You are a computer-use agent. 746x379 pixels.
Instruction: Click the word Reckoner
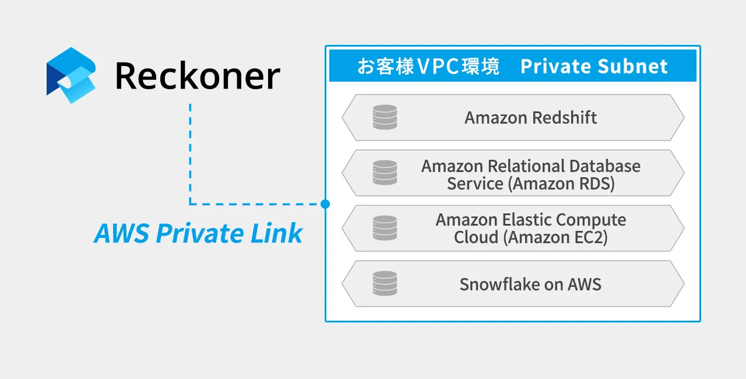[x=198, y=76]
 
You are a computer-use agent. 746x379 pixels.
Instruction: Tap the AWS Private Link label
[x=198, y=234]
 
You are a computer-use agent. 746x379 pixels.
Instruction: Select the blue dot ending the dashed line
[x=325, y=204]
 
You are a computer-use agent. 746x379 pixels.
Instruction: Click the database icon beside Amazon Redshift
[x=385, y=117]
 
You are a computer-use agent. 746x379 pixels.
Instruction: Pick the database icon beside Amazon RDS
[x=385, y=173]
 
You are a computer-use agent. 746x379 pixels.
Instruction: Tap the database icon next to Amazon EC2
[x=385, y=228]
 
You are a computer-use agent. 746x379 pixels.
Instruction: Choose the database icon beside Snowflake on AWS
[x=385, y=283]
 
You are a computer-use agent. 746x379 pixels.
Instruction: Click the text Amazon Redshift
[x=530, y=118]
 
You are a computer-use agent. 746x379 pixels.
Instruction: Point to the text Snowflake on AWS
[x=530, y=285]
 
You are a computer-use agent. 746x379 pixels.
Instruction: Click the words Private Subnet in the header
[x=594, y=66]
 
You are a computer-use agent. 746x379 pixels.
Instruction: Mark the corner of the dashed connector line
[x=190, y=204]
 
